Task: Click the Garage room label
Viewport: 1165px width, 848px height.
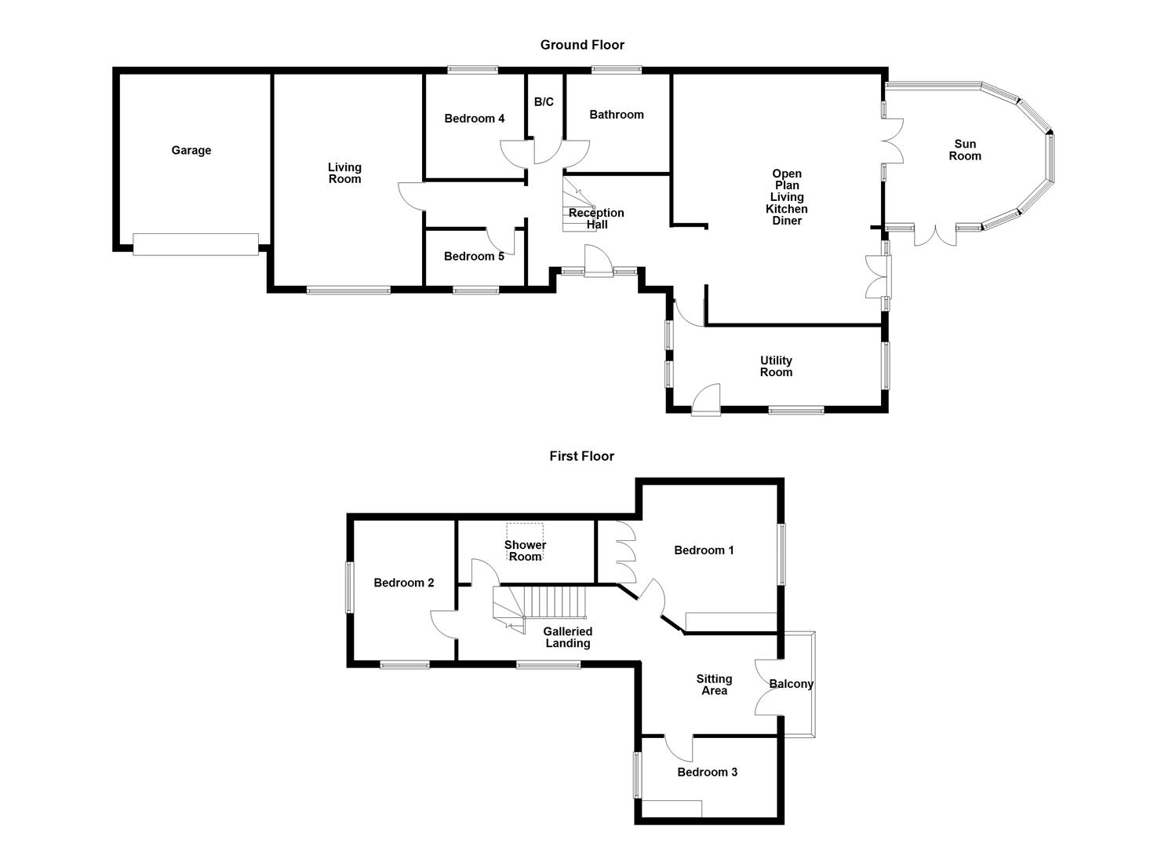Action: (x=191, y=151)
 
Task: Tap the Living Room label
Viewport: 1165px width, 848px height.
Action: (x=344, y=173)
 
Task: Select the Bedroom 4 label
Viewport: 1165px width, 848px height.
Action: (x=474, y=119)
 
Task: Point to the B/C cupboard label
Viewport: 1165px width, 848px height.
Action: (x=544, y=102)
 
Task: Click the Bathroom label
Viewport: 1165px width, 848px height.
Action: (x=617, y=115)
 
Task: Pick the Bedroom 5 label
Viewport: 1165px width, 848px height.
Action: (x=474, y=256)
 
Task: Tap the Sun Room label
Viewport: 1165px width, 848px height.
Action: (x=965, y=150)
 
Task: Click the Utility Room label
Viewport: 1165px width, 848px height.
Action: (x=776, y=367)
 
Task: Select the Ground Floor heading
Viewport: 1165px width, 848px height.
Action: (x=582, y=45)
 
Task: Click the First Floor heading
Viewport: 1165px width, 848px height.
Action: (x=581, y=456)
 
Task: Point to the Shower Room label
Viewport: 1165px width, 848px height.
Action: (x=525, y=550)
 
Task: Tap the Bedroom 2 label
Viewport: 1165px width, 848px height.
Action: (x=403, y=583)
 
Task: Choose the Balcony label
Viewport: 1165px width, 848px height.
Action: (x=791, y=684)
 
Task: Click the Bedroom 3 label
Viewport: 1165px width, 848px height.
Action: (x=707, y=772)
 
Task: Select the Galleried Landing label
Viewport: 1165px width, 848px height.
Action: (x=567, y=637)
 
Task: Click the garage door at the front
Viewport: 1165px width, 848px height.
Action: (x=195, y=244)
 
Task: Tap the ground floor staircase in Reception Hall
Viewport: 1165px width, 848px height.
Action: (x=578, y=206)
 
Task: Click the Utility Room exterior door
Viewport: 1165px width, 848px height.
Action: (x=706, y=400)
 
